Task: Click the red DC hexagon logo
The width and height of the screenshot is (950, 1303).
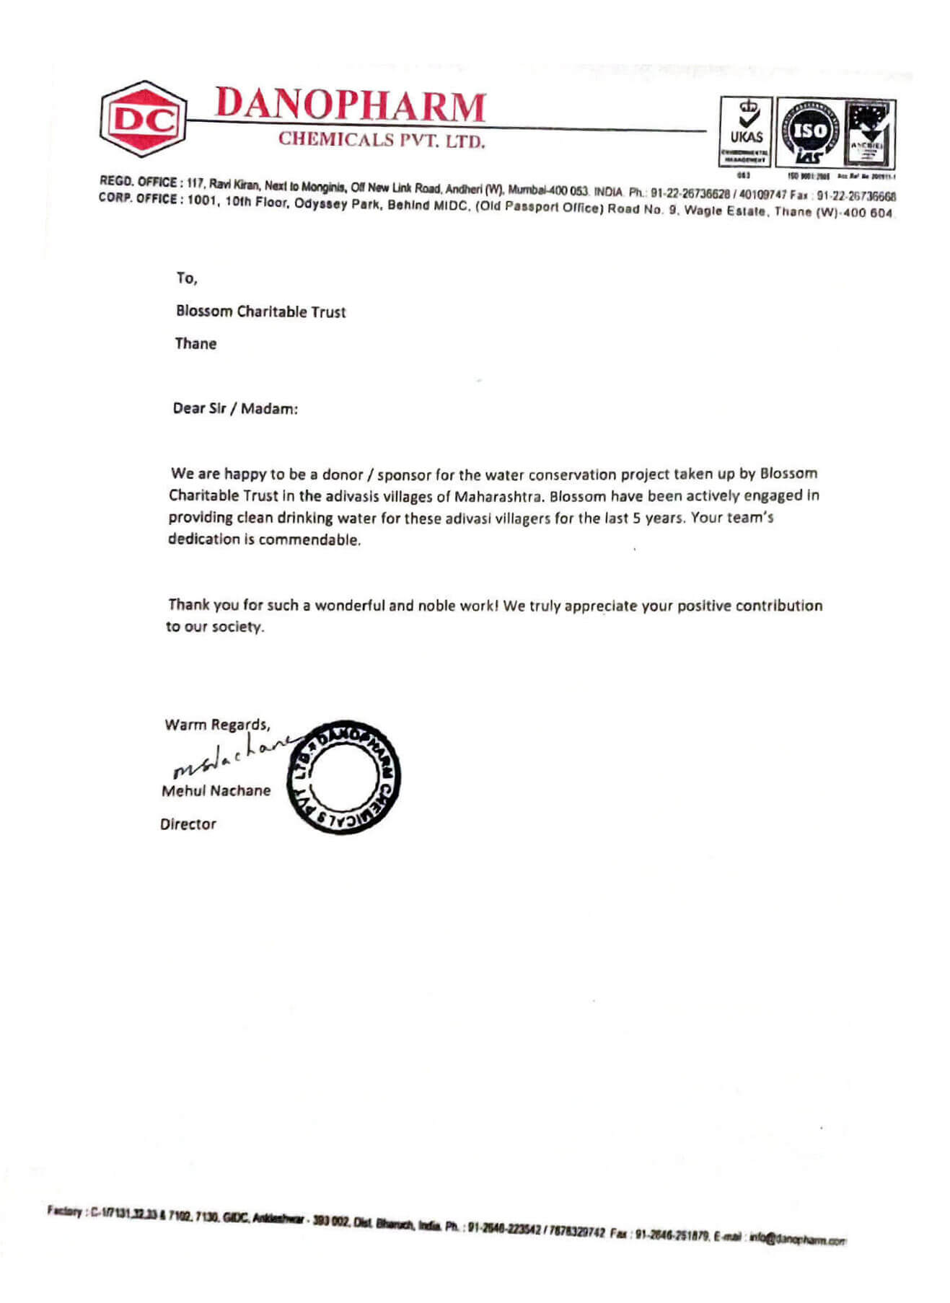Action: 141,119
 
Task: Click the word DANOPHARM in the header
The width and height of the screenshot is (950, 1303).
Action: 350,105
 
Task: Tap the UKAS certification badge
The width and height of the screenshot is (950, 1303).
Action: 746,132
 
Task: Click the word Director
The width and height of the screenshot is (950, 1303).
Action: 188,823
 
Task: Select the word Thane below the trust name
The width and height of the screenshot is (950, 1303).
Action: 195,343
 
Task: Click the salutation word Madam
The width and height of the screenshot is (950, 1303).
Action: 268,409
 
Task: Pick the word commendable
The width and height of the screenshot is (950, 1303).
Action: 309,539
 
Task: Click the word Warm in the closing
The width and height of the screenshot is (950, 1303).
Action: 185,725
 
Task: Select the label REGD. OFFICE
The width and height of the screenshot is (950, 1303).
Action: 140,181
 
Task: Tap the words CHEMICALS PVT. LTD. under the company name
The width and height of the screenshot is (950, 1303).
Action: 382,140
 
